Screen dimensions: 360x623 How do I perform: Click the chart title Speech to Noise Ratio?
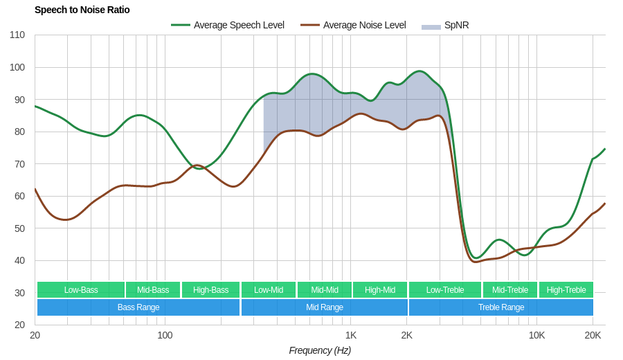tap(82, 10)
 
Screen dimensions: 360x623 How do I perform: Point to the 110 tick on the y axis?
tap(17, 35)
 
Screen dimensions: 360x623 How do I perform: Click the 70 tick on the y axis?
tap(19, 164)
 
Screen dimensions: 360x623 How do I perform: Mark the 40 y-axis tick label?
tap(19, 260)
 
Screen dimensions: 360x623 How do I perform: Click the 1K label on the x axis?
tap(351, 335)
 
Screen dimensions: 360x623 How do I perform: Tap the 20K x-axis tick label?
tap(593, 335)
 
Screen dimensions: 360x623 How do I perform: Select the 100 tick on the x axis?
tap(165, 335)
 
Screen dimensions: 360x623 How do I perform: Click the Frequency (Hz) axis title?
tap(320, 350)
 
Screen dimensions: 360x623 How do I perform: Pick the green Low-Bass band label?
tap(81, 290)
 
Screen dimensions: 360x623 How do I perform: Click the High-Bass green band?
tap(210, 290)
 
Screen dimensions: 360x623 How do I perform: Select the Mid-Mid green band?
tap(325, 290)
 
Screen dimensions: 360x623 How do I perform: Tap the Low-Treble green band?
tap(445, 290)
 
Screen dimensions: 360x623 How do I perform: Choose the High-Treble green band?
tap(566, 290)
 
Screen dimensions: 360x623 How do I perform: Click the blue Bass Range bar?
tap(138, 307)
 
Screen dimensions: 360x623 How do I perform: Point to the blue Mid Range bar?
tap(325, 307)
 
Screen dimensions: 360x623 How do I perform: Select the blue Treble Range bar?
tap(501, 307)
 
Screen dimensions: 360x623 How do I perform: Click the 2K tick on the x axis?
tap(406, 335)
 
